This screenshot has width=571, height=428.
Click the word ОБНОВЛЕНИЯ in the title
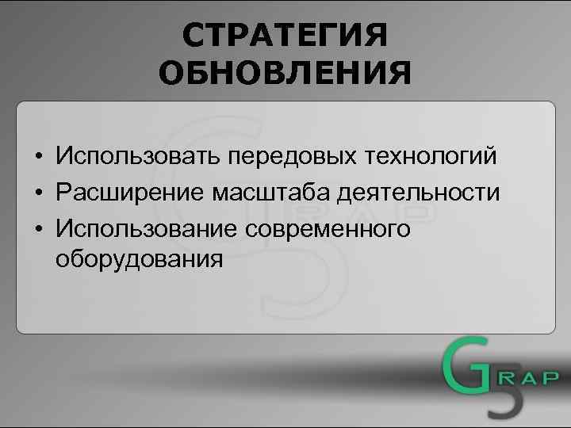[x=285, y=75]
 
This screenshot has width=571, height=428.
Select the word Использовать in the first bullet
[x=139, y=157]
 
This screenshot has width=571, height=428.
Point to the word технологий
[x=431, y=157]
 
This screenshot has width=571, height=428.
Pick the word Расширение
[x=130, y=193]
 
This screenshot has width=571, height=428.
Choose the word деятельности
[x=419, y=193]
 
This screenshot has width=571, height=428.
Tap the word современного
[x=328, y=228]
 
